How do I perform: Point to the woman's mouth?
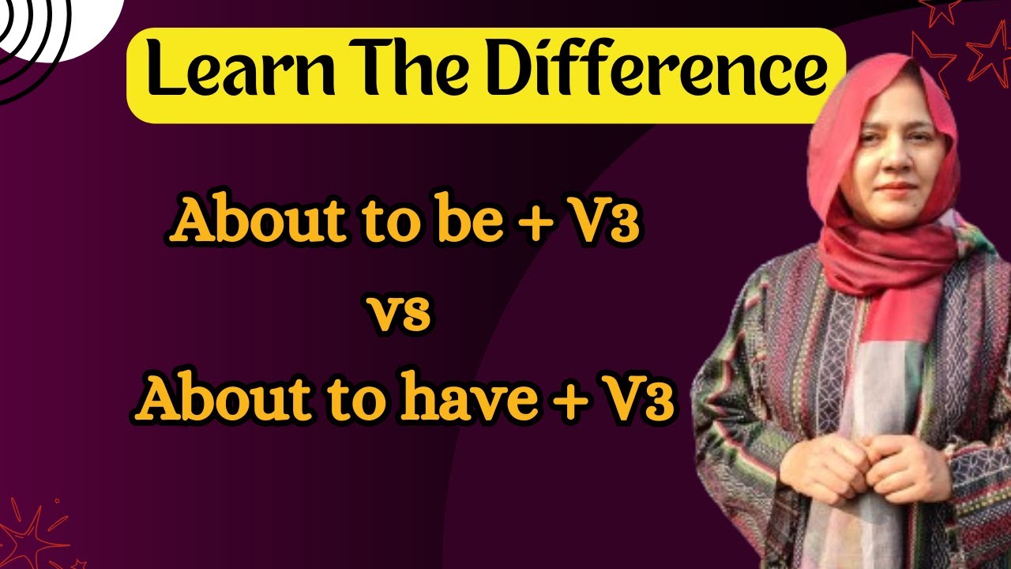point(896,187)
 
